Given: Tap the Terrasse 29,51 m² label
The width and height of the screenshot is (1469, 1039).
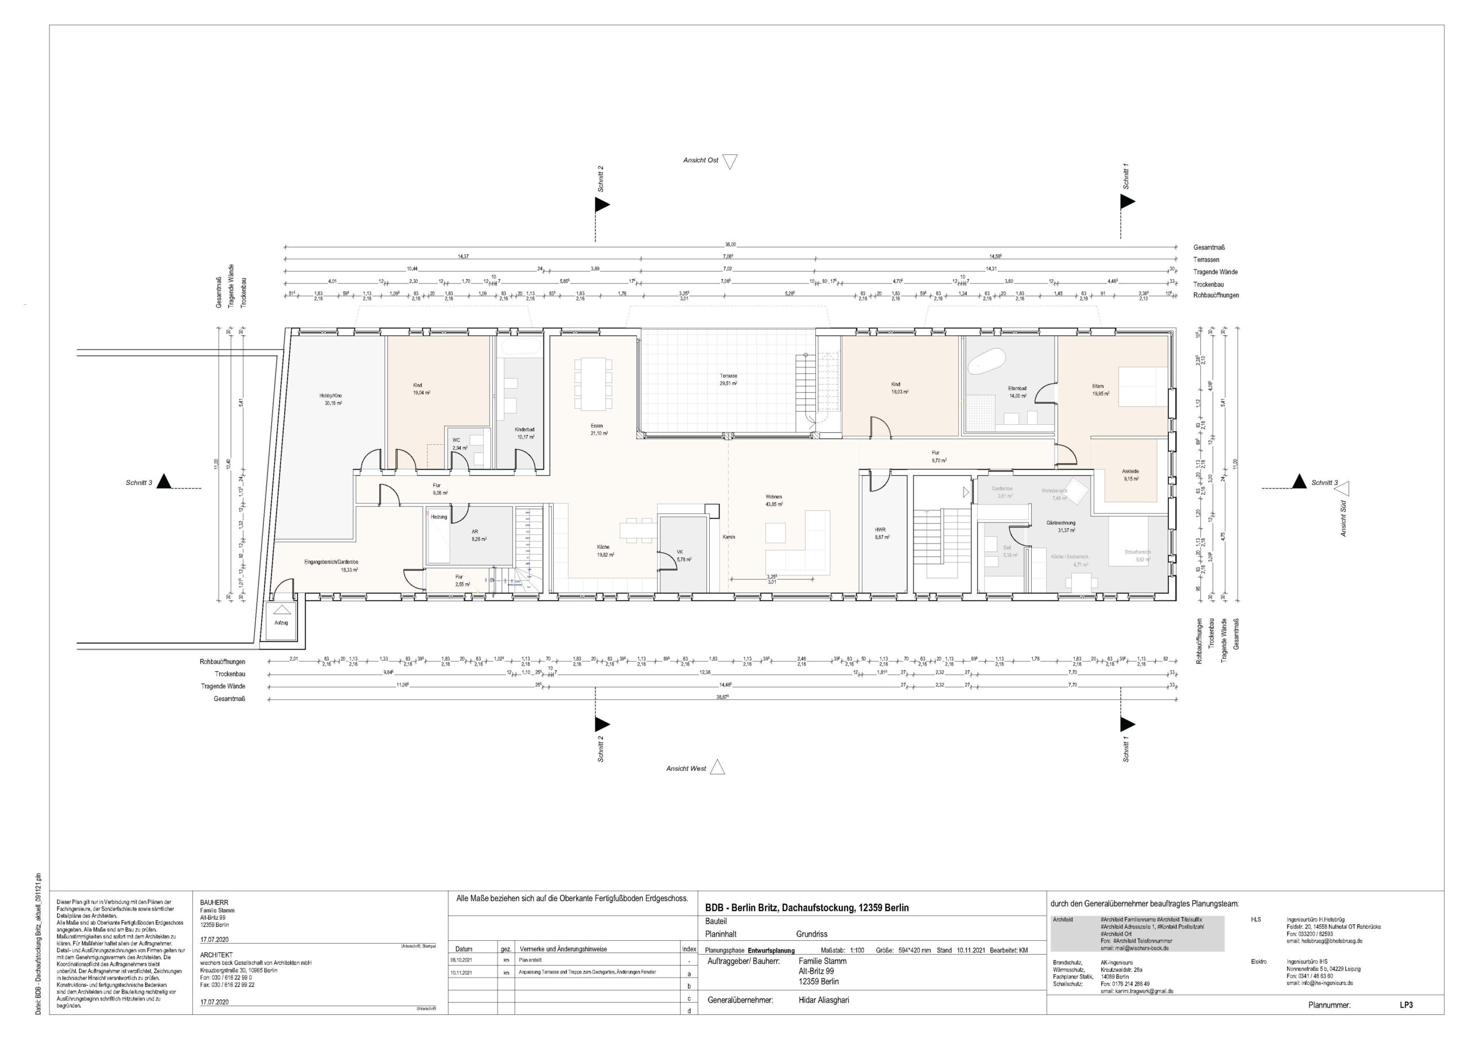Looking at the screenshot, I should tap(728, 379).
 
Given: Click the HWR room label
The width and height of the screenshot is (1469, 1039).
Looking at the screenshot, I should tap(881, 533).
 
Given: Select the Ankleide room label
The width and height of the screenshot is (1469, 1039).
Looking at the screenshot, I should tap(1130, 474).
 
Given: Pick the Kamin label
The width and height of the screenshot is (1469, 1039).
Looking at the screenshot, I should tap(729, 537).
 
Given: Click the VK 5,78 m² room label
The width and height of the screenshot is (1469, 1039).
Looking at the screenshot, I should tap(683, 555).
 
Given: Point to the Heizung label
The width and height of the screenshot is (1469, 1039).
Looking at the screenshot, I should tap(438, 517).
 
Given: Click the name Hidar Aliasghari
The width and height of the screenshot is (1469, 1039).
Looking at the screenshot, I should tap(823, 999).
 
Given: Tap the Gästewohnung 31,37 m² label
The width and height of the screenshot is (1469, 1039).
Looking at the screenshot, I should tap(1060, 526).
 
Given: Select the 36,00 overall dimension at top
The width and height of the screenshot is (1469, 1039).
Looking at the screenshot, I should tap(730, 245).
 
